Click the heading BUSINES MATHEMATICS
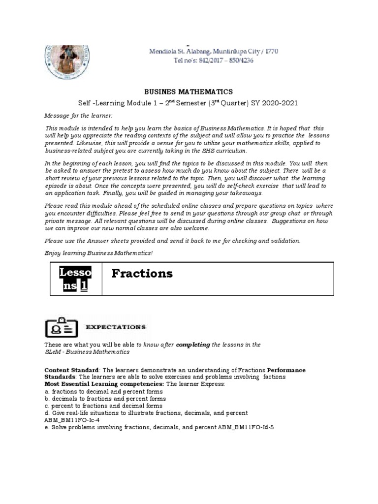coord(188,92)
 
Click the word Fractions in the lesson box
coord(142,274)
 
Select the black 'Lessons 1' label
coord(76,279)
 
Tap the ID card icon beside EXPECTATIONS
coord(62,327)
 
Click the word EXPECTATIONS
coord(116,327)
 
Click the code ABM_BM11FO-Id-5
coord(246,427)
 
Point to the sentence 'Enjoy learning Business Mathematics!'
coord(98,252)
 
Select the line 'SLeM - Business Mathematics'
coord(87,352)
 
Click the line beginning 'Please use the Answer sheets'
coord(172,241)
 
